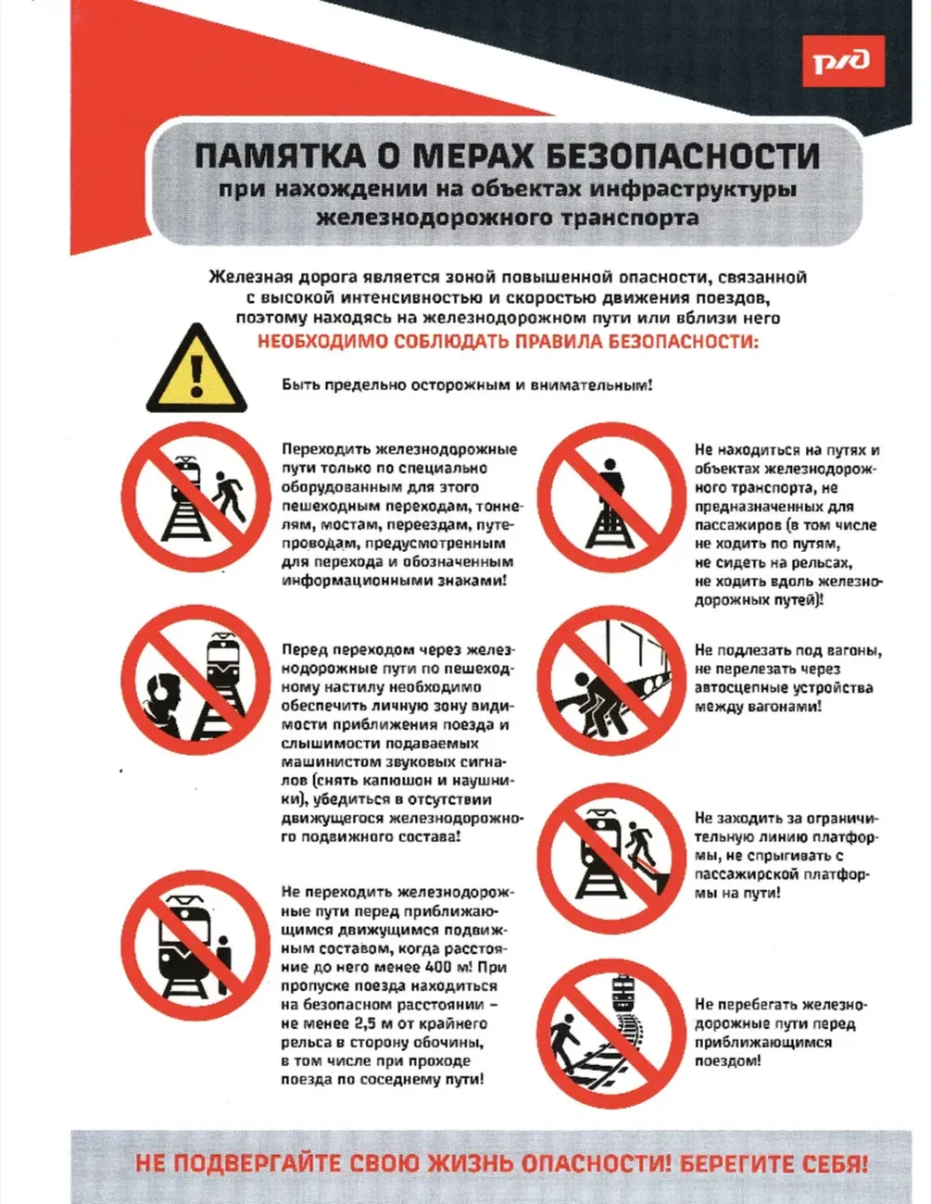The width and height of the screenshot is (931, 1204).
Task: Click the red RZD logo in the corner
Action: coord(843,61)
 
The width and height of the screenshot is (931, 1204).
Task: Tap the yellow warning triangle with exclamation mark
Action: coord(196,370)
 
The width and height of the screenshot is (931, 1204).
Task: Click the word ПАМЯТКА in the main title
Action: coord(280,156)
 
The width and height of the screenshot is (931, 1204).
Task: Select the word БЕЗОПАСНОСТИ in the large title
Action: coord(682,156)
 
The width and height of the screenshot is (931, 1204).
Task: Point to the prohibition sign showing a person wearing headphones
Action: coord(196,680)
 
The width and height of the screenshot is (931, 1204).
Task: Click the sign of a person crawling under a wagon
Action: coord(611,681)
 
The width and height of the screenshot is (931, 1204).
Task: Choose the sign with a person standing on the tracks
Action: coord(611,497)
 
